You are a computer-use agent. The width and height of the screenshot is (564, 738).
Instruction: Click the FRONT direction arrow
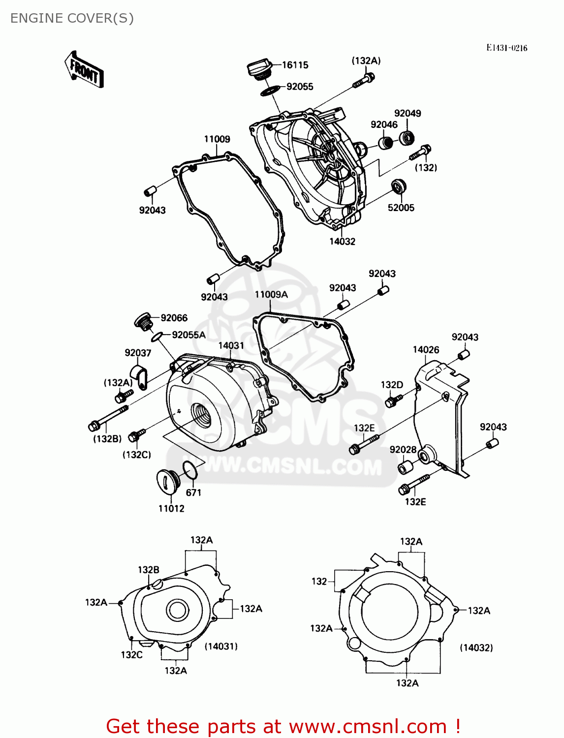84,70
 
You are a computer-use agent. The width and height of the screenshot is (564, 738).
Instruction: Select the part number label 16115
295,65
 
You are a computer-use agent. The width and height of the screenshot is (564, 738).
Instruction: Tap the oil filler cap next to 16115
259,68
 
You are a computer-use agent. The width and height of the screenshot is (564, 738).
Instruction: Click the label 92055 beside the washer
300,87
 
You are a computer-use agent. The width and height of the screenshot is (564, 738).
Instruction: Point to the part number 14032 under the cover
342,242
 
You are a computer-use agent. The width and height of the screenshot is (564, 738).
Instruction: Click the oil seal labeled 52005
398,187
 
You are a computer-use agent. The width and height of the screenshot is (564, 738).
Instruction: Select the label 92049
407,113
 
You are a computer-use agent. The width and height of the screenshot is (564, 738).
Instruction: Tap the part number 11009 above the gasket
217,139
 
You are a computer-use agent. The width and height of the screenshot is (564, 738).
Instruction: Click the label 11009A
271,295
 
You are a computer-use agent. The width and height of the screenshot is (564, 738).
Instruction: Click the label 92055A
188,335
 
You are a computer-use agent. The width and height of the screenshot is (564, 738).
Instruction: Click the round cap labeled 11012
167,480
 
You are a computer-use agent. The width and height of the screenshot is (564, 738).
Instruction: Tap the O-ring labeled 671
190,470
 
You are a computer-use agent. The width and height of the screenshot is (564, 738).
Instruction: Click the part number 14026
426,350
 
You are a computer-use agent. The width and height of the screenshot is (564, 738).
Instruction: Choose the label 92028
403,450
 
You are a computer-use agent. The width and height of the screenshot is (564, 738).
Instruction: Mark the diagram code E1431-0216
506,48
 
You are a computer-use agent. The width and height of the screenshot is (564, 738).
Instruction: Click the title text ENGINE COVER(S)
72,18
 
